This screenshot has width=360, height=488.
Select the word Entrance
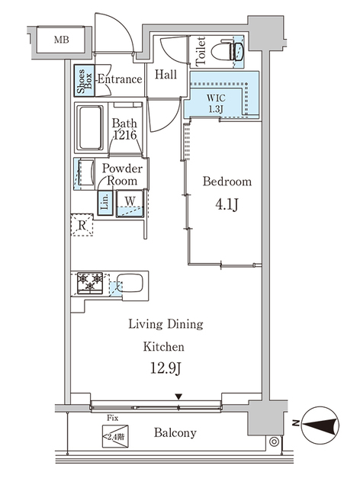coord(119,79)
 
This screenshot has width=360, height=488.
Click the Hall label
coord(166,75)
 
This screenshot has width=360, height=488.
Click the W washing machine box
coord(130,203)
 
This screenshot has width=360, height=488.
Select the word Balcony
coord(175,433)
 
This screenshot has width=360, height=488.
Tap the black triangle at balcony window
coord(178,396)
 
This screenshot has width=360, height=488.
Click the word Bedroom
coord(227,182)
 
